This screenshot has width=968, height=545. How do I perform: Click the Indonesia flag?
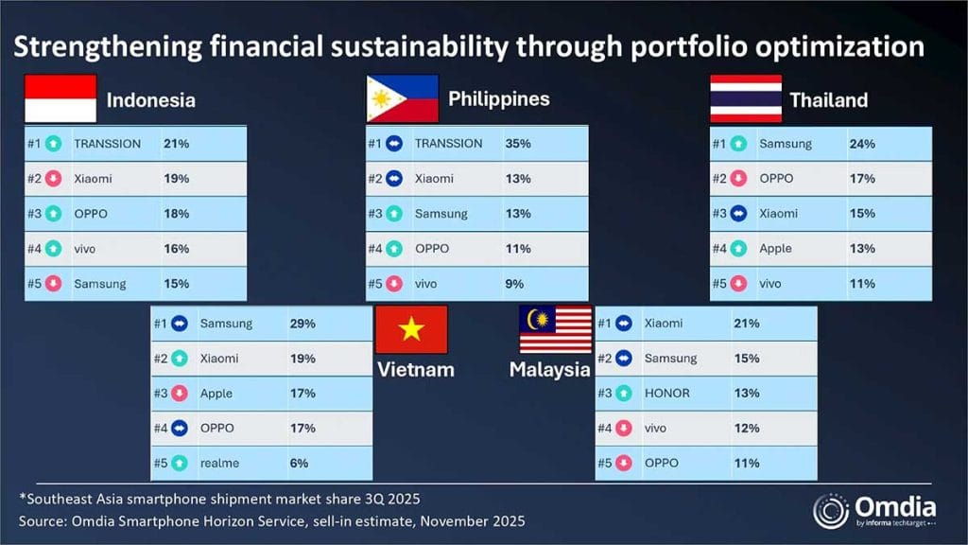[60, 98]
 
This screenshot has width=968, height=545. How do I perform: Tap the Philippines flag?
[403, 98]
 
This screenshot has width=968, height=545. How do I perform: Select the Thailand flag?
[746, 98]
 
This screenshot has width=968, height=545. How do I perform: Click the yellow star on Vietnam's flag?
[411, 329]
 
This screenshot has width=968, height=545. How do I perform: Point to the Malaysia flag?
[555, 329]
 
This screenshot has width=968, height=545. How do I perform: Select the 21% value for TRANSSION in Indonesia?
[176, 144]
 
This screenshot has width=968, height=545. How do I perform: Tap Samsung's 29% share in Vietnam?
[302, 324]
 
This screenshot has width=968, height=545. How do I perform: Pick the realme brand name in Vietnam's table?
[218, 463]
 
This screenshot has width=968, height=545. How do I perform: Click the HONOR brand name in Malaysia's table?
[666, 394]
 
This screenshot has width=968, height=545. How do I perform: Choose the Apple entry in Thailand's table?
[775, 249]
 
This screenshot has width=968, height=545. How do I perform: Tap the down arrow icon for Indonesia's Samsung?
[54, 284]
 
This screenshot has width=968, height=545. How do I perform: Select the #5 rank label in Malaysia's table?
[604, 463]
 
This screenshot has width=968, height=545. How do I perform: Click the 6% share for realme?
[299, 463]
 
